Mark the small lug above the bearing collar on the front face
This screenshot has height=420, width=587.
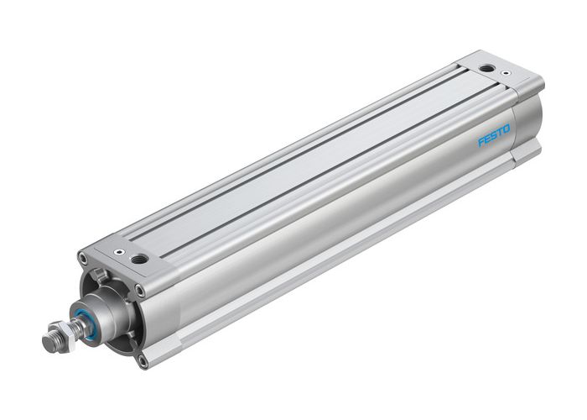pos(98,275)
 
